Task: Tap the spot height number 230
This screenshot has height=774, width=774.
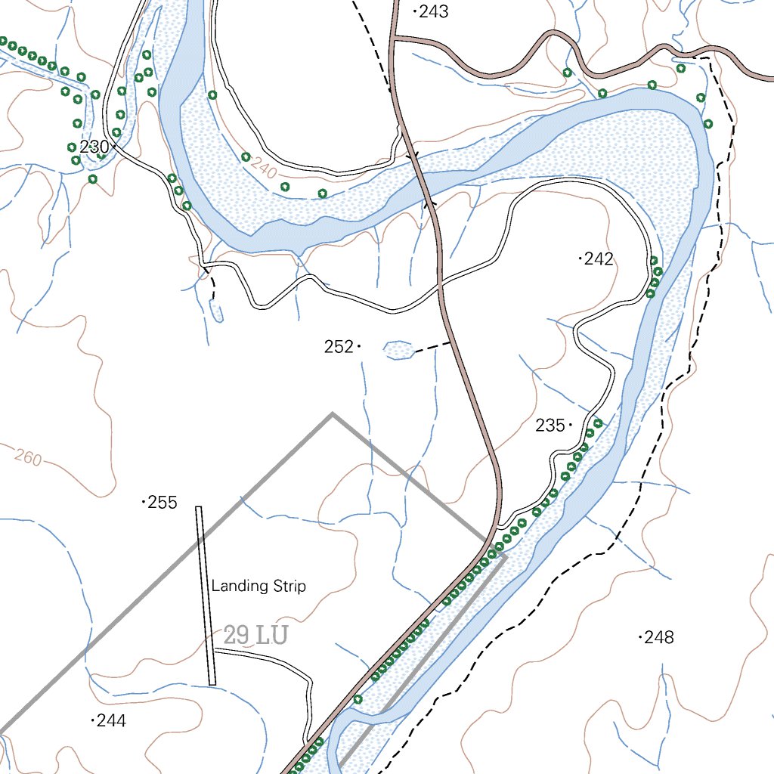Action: (x=93, y=147)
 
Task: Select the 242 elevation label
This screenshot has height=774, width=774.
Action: (x=599, y=259)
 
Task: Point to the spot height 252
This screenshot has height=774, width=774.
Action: (x=338, y=347)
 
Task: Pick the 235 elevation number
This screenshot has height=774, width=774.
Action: (x=550, y=426)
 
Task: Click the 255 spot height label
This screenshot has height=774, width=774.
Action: (x=163, y=502)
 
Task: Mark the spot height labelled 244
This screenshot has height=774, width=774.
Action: (x=111, y=721)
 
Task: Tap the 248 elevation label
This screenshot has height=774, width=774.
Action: (x=659, y=637)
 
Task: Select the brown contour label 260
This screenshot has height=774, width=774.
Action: (x=28, y=457)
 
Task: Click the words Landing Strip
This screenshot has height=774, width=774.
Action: (x=259, y=586)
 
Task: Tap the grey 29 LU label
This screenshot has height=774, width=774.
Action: (x=255, y=636)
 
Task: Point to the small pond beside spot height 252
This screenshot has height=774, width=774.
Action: (x=398, y=349)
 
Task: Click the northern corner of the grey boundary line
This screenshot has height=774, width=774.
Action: (x=332, y=414)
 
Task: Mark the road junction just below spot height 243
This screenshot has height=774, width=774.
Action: (x=393, y=38)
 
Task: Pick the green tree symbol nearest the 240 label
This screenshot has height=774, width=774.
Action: (x=246, y=156)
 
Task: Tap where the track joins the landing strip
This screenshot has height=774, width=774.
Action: (x=215, y=651)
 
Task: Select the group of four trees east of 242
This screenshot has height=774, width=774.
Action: (x=654, y=277)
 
